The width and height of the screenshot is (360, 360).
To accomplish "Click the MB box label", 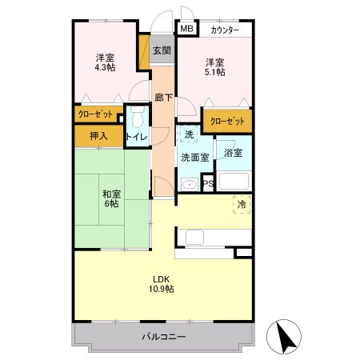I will [x=186, y=30].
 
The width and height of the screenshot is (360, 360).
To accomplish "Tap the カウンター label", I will [x=224, y=30].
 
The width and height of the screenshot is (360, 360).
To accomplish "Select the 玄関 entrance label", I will [x=162, y=51].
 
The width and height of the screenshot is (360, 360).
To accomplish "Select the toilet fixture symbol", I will [x=136, y=119].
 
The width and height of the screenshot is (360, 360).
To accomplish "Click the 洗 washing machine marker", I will [x=190, y=134].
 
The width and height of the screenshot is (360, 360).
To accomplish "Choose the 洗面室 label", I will [x=194, y=157].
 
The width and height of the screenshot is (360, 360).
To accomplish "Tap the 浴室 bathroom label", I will [x=234, y=152].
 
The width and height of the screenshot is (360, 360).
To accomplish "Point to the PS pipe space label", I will [x=208, y=184].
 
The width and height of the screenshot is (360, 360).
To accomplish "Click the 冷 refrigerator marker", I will [x=241, y=205].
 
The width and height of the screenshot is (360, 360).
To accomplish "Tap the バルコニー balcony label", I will [x=164, y=337].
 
